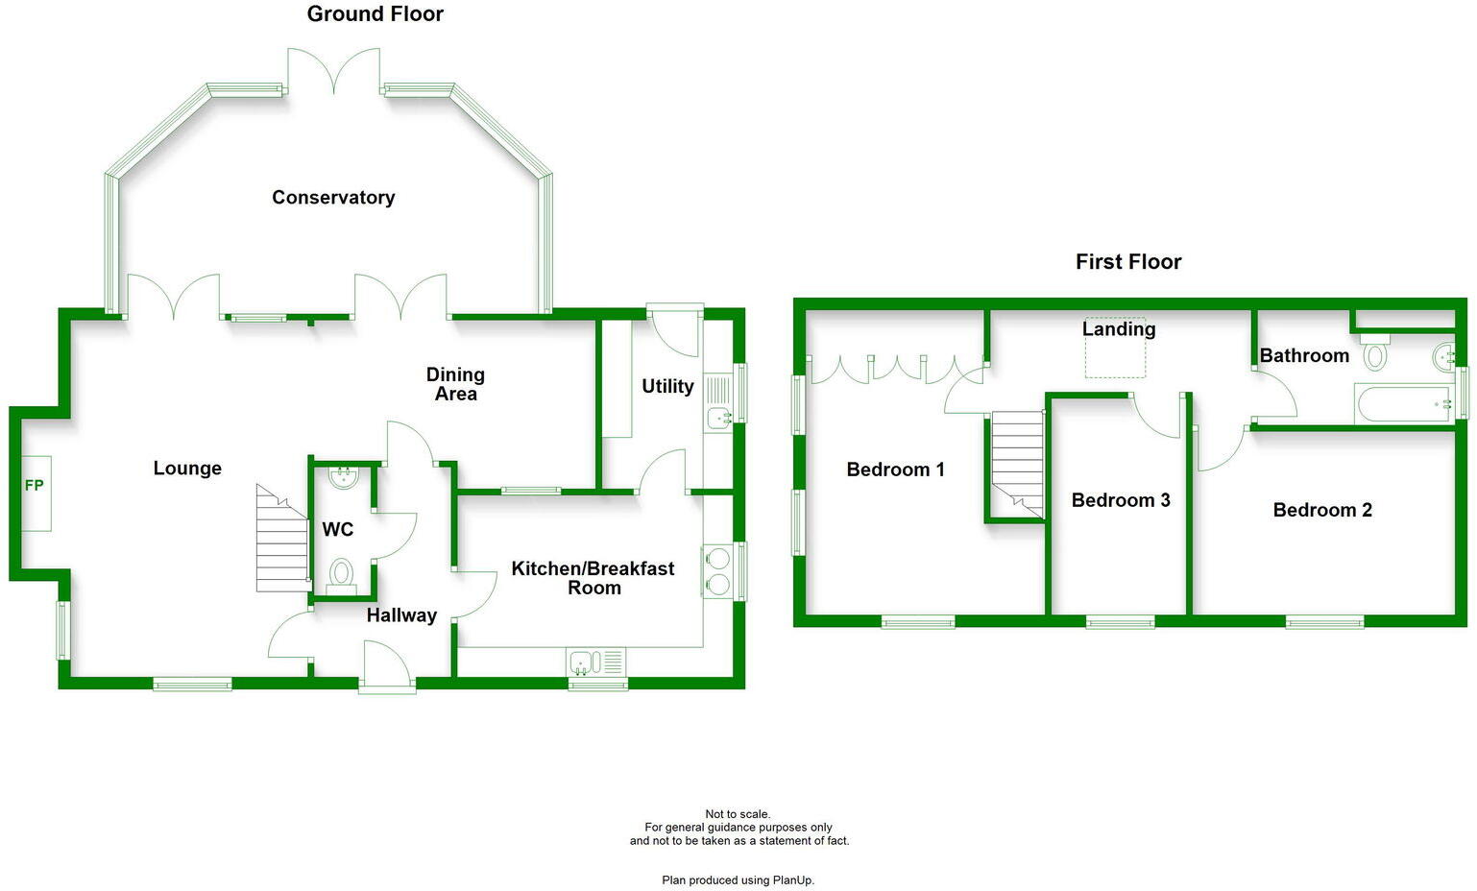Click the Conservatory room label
tap(333, 198)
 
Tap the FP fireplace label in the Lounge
tap(35, 486)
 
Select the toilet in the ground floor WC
tap(340, 574)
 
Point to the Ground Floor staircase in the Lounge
tap(280, 540)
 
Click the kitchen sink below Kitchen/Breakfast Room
tap(595, 662)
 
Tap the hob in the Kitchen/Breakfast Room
tap(717, 571)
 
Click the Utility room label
tap(667, 386)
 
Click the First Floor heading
tap(1128, 262)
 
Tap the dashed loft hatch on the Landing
tap(1116, 349)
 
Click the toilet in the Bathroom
tap(1375, 354)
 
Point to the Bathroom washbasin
tap(1443, 357)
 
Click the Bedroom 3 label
tap(1121, 500)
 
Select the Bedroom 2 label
tap(1322, 511)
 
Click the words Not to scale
tap(738, 814)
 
